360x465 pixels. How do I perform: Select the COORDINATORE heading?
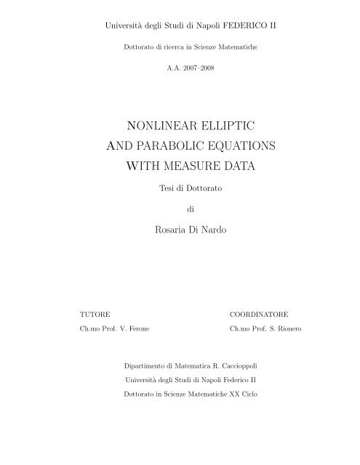(x=259, y=316)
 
